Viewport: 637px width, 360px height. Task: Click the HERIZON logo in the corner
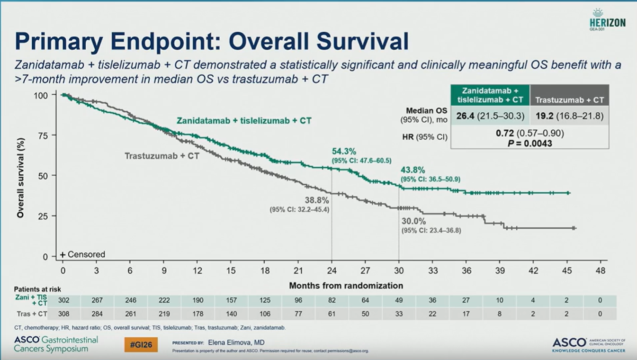click(x=608, y=19)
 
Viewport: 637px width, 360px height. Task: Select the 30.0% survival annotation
click(x=414, y=221)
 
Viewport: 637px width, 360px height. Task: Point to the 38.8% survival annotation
click(x=316, y=200)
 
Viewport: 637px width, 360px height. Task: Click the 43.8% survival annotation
click(x=413, y=170)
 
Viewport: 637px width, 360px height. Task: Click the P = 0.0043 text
click(x=530, y=143)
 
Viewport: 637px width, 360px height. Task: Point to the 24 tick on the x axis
click(x=332, y=271)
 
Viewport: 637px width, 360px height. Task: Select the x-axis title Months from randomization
click(x=346, y=286)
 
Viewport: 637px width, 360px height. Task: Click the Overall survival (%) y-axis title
click(x=20, y=176)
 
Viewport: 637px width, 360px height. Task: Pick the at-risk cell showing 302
click(x=63, y=300)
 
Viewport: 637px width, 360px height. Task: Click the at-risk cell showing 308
click(x=63, y=314)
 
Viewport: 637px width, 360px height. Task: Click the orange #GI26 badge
click(x=141, y=345)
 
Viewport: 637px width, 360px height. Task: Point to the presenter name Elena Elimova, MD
click(x=236, y=342)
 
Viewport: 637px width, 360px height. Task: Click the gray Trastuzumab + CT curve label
click(x=162, y=155)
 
